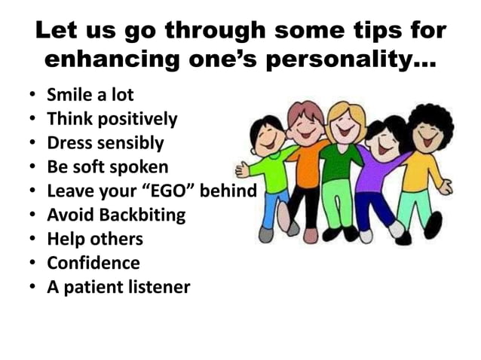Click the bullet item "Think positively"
point(112,119)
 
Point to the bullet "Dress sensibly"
point(105,143)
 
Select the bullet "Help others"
point(94,239)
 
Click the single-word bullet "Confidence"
point(93,264)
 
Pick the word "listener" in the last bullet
point(158,288)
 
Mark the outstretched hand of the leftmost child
point(243,169)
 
